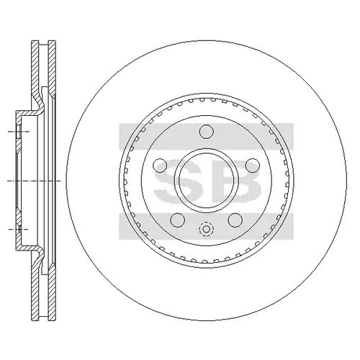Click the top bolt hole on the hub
pos(207,132)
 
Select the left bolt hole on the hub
pos(160,166)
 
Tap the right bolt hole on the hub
pos(253,166)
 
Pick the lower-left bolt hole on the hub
pos(178,220)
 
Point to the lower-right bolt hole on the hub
pos(235,220)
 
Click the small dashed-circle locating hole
pos(206,229)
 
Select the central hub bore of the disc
pos(207,181)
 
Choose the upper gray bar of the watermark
pos(207,136)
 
